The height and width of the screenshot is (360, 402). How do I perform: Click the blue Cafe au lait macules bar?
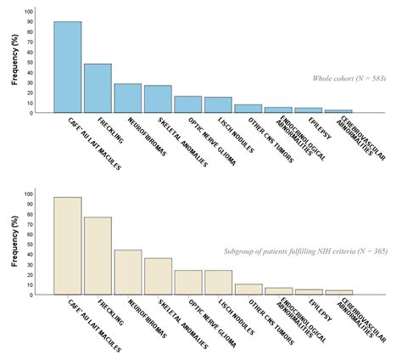[67, 67]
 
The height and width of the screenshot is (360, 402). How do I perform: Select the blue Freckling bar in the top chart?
[98, 88]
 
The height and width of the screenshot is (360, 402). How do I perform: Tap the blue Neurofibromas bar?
[128, 98]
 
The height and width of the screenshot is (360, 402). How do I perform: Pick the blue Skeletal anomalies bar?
[158, 99]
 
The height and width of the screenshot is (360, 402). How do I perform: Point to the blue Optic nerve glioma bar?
[188, 104]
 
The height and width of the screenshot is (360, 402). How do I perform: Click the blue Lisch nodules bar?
[218, 105]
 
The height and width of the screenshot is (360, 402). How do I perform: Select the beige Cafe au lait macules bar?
[67, 246]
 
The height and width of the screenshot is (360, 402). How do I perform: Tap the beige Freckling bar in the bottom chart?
[98, 256]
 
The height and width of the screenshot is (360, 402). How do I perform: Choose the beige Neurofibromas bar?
[128, 272]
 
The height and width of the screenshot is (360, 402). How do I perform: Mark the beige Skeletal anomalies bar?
[158, 276]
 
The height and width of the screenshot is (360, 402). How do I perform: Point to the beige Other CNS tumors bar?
[248, 290]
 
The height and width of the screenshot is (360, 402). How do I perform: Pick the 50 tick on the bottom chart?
[31, 245]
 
